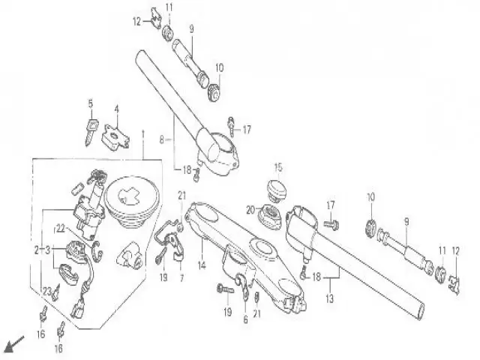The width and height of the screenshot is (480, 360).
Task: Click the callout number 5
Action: pos(91,103)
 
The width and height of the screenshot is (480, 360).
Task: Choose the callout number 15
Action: pos(277,166)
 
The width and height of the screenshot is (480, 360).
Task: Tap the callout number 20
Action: pos(250,209)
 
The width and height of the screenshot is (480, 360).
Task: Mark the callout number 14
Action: pos(202,265)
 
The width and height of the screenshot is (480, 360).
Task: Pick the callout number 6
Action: pos(246,319)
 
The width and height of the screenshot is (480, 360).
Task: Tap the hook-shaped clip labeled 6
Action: pos(241,284)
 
